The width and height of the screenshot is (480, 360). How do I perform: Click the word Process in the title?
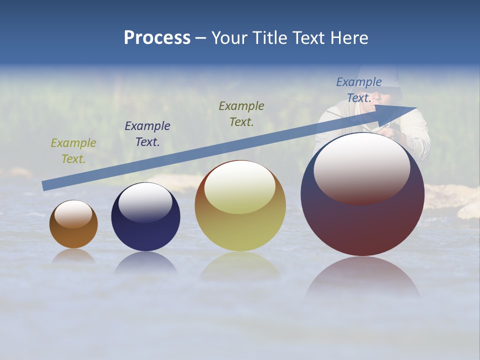coord(157,38)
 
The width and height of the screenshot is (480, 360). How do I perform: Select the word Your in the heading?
coord(229,38)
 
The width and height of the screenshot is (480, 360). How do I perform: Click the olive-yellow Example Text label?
coord(73,150)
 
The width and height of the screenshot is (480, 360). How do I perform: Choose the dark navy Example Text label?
coord(147,134)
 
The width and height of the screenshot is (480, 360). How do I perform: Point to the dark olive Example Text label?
coord(241,113)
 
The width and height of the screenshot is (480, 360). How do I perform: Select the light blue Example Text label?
coord(359,89)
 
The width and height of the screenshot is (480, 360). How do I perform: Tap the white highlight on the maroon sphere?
coord(362,167)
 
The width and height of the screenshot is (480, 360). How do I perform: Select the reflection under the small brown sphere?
coord(73,256)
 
